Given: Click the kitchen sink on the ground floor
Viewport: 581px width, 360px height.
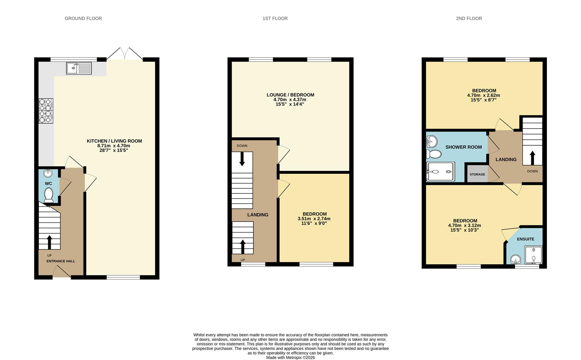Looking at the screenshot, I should click(79, 68).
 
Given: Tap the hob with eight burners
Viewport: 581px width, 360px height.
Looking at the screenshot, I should click(46, 111).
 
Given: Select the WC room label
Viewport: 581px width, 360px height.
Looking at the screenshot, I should click(48, 184).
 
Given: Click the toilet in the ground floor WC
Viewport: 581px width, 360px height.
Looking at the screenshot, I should click(49, 195).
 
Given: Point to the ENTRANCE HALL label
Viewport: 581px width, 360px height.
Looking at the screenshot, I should click(61, 261).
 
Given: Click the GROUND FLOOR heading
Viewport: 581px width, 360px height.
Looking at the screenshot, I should click(83, 18).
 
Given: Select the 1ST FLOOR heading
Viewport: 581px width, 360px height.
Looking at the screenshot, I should click(275, 18).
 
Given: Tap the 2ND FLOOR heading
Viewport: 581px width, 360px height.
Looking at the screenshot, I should click(469, 18).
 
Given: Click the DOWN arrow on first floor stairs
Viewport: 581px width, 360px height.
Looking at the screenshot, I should click(242, 159).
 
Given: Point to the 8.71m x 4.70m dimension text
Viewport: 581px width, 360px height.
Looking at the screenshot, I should click(114, 146).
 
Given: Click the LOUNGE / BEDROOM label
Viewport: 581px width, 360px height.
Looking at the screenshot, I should click(290, 95).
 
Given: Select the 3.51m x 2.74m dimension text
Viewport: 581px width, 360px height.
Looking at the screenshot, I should click(314, 219).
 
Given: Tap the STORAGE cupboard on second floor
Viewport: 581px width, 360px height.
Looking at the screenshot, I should click(477, 174).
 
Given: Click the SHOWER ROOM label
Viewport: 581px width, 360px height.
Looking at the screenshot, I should click(463, 147).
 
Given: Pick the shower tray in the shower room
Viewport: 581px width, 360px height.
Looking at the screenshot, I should click(440, 172).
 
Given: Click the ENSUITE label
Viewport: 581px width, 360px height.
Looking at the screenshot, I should click(525, 239).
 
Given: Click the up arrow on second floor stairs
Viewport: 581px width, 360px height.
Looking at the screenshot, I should click(532, 158).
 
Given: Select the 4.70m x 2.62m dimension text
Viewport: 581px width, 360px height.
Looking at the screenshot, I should click(483, 95).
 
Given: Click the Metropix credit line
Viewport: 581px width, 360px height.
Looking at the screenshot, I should click(290, 357).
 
